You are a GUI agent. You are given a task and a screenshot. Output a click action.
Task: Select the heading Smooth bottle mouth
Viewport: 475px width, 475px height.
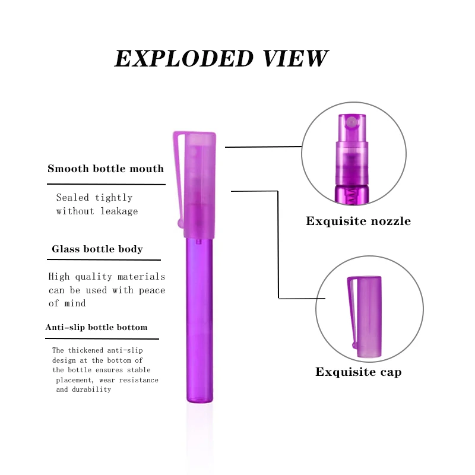pos(106,169)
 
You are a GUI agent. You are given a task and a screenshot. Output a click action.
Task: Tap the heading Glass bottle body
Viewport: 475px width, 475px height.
pos(97,249)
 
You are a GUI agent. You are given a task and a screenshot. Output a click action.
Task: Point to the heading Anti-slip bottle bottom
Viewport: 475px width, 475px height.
pos(96,327)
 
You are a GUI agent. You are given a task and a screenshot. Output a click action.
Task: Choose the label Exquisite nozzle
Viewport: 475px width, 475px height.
pos(358,221)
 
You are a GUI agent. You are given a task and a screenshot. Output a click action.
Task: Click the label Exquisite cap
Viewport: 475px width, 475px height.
pos(358,372)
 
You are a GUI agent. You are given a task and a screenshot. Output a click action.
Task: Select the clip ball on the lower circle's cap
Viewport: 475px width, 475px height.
pos(355,344)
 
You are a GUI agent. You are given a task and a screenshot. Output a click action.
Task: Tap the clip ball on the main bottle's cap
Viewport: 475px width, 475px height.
pos(180,223)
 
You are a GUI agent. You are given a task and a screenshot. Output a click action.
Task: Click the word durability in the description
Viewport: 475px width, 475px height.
pos(92,389)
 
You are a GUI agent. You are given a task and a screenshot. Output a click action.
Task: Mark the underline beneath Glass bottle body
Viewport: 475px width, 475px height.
pos(104,259)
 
